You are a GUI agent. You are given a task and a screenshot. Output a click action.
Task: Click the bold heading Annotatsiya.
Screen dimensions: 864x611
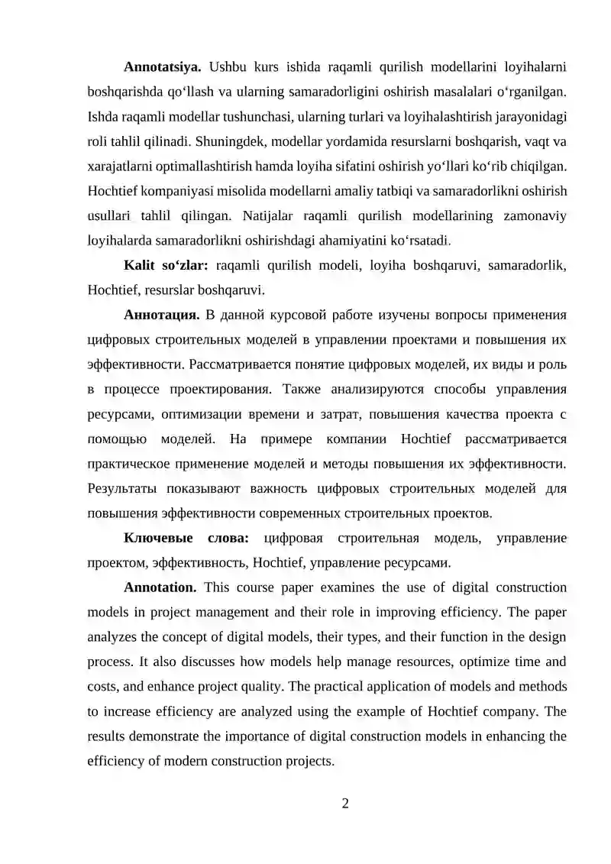162,66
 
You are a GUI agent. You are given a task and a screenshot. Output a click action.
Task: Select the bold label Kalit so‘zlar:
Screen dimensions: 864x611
166,265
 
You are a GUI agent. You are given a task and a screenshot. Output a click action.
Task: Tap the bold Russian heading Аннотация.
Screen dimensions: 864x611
162,315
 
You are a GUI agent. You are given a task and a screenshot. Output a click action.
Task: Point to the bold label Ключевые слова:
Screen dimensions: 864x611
186,539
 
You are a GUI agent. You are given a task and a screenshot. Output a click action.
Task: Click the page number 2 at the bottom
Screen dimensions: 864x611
345,804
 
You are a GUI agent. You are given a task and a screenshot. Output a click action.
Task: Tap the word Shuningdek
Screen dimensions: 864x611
233,141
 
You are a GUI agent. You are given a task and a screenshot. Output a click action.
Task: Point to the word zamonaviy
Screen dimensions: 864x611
535,215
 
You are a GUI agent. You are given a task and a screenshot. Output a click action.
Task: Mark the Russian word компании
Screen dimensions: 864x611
358,438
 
